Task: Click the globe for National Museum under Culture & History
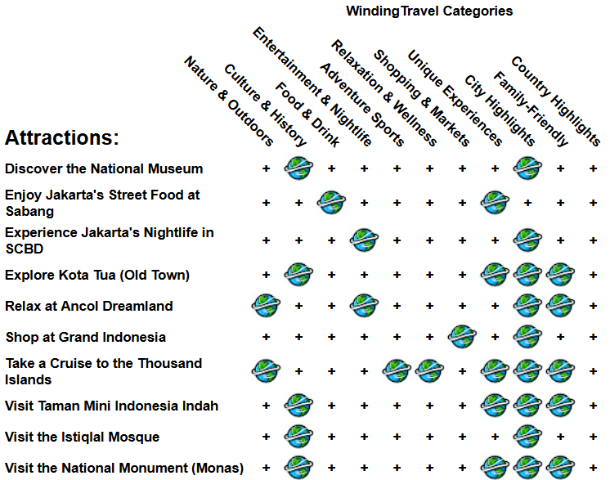[x=298, y=168]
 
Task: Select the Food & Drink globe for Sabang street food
[x=331, y=202]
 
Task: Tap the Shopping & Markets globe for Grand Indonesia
[x=462, y=336]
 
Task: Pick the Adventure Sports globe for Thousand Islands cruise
[x=397, y=370]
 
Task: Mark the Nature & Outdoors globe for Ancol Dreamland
[x=266, y=306]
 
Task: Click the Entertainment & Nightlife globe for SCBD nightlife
[x=364, y=240]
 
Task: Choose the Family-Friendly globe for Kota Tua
[x=560, y=275]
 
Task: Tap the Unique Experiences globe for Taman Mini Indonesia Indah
[x=495, y=406]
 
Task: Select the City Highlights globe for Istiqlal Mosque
[x=527, y=437]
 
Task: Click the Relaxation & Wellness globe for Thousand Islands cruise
[x=429, y=370]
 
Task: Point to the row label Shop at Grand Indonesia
[x=85, y=337]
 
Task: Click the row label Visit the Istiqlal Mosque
[x=82, y=437]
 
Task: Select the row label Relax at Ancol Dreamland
[x=88, y=306]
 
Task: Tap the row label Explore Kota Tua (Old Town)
[x=96, y=275]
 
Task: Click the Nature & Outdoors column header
[x=228, y=102]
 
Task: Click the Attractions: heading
[x=61, y=137]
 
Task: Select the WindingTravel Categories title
[x=429, y=11]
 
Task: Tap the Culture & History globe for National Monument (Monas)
[x=298, y=468]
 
